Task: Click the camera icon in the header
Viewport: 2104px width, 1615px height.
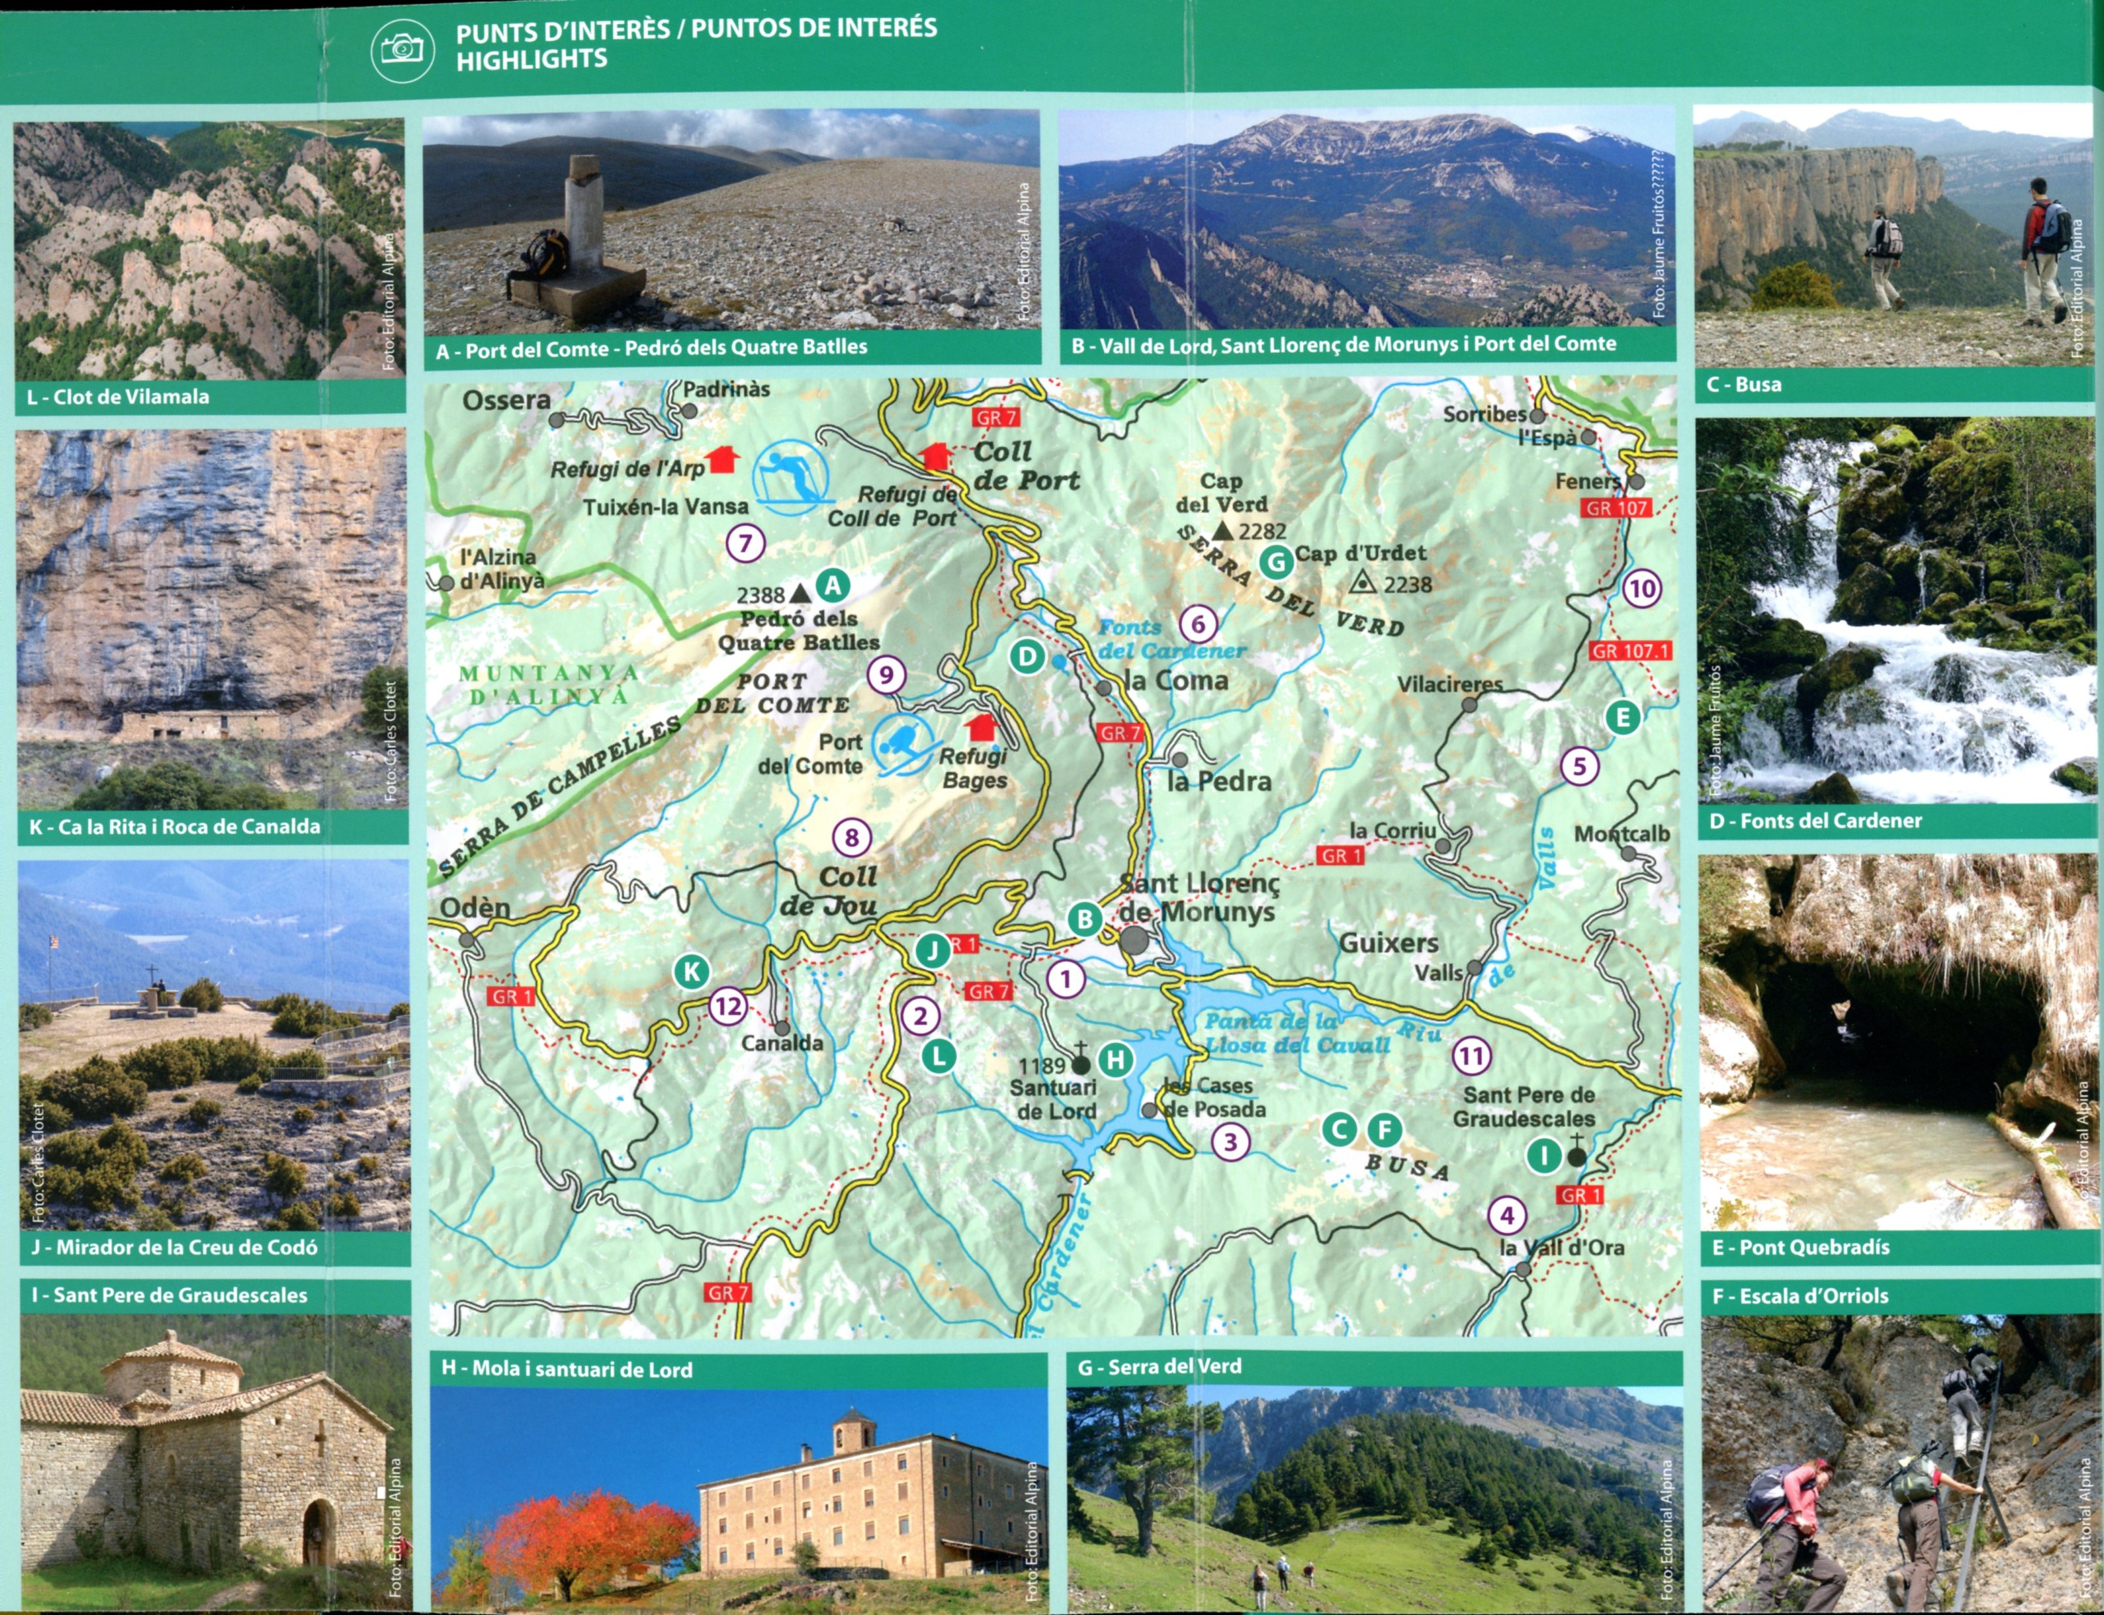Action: click(x=402, y=49)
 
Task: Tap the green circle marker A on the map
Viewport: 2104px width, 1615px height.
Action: click(x=833, y=585)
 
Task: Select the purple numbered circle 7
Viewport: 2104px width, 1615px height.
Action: click(x=746, y=543)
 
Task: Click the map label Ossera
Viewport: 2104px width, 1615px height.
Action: click(x=506, y=400)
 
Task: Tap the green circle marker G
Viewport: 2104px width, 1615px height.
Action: click(x=1276, y=561)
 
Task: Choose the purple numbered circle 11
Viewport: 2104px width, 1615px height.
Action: click(x=1471, y=1056)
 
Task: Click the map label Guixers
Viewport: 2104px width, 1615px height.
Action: click(x=1389, y=943)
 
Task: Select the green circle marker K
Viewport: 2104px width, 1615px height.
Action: click(x=691, y=972)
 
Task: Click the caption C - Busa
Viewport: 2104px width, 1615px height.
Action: click(x=1744, y=384)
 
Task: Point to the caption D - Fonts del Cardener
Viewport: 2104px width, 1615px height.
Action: click(x=1815, y=821)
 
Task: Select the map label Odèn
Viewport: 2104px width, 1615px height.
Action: click(x=475, y=908)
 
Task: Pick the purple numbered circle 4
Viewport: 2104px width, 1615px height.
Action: click(x=1507, y=1215)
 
